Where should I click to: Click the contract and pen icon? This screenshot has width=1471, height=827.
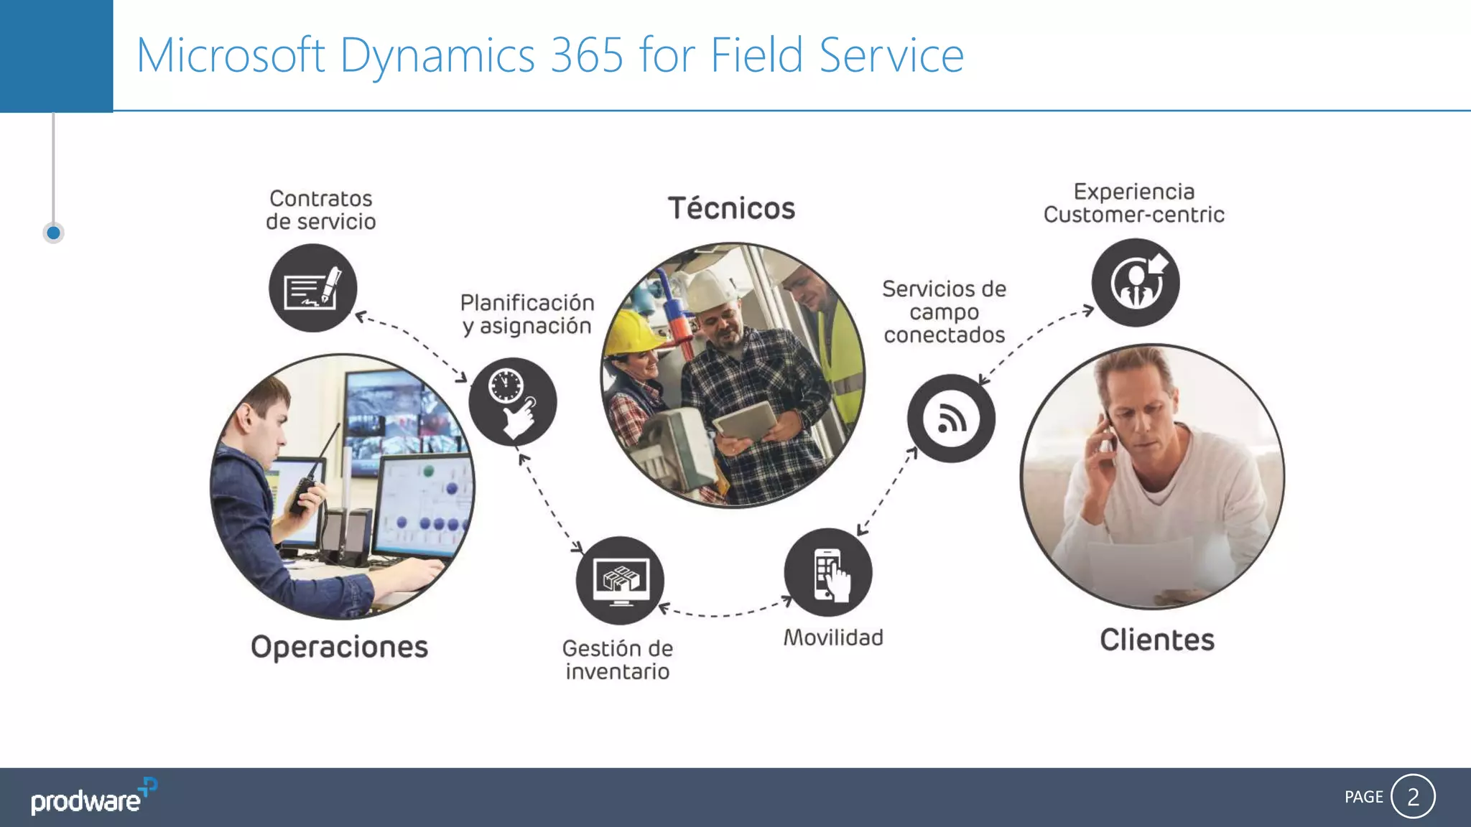point(312,288)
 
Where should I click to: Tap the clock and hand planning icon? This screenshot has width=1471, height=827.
point(512,401)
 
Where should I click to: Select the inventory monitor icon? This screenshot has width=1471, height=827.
point(620,580)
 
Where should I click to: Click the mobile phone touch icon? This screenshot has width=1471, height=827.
point(828,573)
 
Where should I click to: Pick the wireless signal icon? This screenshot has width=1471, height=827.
point(951,419)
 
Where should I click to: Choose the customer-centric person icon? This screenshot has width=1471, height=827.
point(1136,283)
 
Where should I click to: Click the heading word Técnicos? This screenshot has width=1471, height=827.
point(731,209)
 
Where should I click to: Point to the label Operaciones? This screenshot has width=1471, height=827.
point(339,647)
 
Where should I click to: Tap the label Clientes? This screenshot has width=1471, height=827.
point(1156,640)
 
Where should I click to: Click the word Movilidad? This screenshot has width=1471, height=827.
point(833,637)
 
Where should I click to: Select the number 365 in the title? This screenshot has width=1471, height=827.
point(587,55)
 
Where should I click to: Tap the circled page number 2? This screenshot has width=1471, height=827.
point(1413,796)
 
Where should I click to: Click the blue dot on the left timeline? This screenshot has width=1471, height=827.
point(53,233)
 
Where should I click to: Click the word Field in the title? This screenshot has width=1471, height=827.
point(756,55)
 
